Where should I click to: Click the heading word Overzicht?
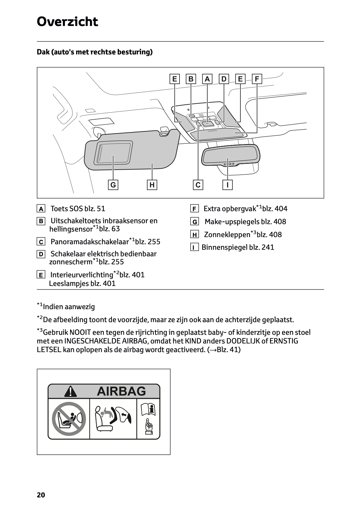[x=67, y=22]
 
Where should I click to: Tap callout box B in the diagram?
[x=191, y=79]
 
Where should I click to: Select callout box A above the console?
[x=207, y=79]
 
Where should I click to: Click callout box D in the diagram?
[x=224, y=79]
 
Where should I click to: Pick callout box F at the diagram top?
[x=257, y=79]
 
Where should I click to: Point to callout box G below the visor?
[x=113, y=185]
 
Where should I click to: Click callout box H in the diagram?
[x=152, y=185]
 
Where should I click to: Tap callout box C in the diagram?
[x=198, y=185]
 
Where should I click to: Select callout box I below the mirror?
[x=227, y=185]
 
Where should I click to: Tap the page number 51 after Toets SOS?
[x=101, y=209]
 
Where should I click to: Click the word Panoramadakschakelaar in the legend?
[x=90, y=242]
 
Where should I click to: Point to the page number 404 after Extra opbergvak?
[x=281, y=209]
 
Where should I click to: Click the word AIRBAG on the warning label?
[x=121, y=391]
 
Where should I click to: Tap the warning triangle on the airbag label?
[x=70, y=392]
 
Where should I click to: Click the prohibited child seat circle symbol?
[x=69, y=419]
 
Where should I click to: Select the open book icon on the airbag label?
[x=148, y=410]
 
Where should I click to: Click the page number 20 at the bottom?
[x=41, y=495]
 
